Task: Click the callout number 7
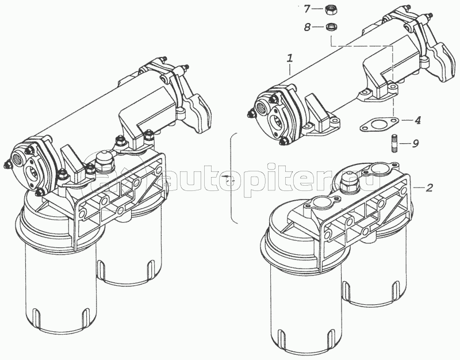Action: point(306,9)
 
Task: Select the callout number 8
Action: point(307,28)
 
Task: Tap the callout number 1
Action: point(290,59)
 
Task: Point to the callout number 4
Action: point(417,120)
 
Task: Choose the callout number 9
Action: point(415,143)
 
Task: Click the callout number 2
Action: point(429,187)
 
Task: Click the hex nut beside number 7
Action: point(331,10)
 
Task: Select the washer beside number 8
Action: point(331,27)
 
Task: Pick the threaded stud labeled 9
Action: point(394,143)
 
